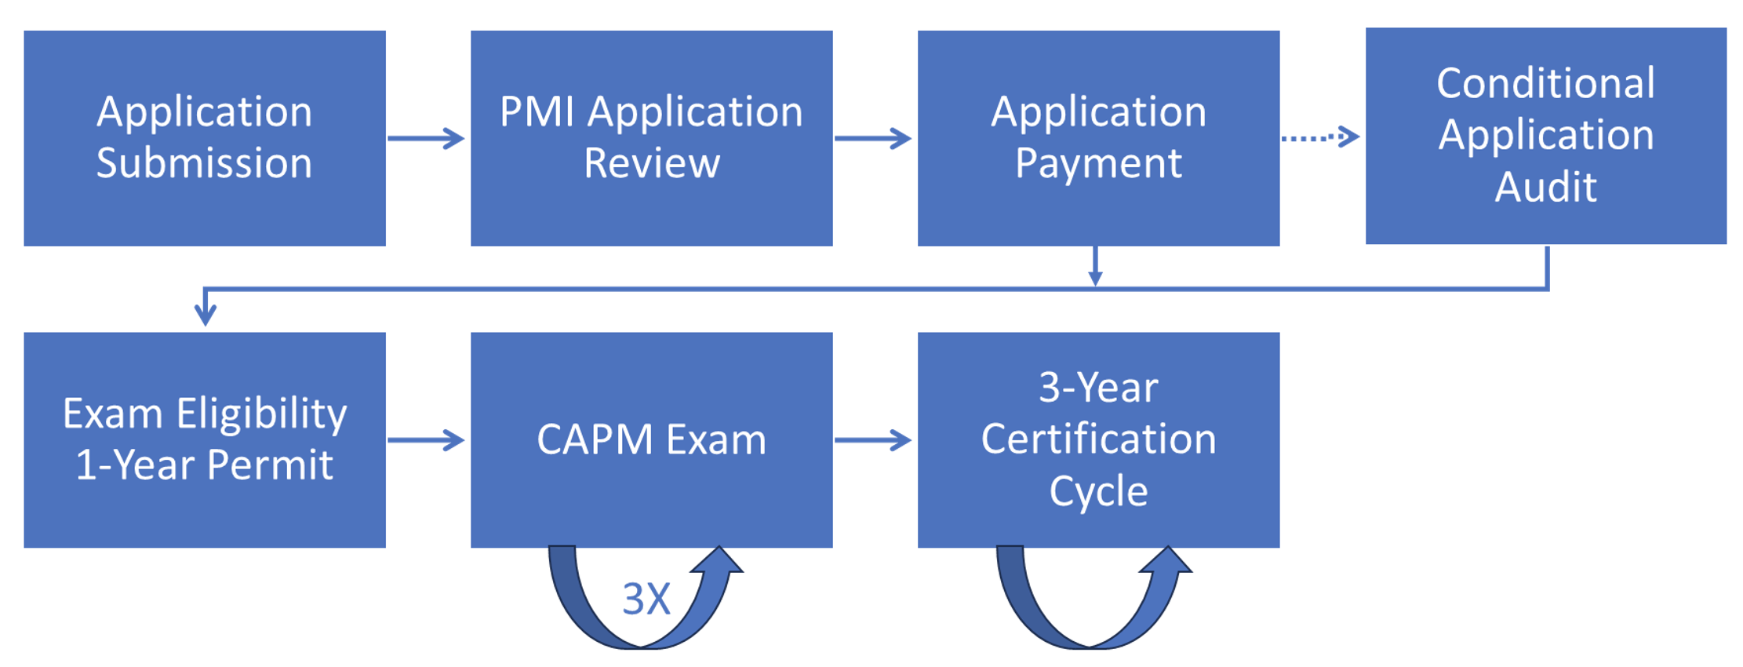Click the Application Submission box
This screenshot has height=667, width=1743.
pos(204,138)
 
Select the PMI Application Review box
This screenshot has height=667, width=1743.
pos(651,138)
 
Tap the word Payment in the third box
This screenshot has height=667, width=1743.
pos(1098,164)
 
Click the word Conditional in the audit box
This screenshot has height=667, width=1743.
pos(1545,83)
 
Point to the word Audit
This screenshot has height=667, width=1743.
pos(1545,188)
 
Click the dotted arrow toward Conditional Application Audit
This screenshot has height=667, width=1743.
pos(1320,137)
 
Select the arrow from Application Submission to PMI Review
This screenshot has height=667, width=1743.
pos(426,138)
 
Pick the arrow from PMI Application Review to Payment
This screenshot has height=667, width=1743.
pos(873,138)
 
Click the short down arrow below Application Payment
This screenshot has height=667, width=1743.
pos(1095,267)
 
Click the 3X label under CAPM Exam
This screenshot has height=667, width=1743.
pos(646,600)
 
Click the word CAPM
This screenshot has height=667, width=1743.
pos(595,439)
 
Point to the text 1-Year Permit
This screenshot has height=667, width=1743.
pos(204,465)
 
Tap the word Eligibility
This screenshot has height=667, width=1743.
pos(261,414)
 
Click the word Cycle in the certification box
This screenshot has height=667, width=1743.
pos(1098,491)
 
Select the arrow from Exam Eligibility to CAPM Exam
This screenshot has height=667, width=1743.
pos(426,439)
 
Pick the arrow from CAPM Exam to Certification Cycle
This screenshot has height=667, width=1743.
pos(873,439)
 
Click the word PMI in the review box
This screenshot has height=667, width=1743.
pos(537,111)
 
